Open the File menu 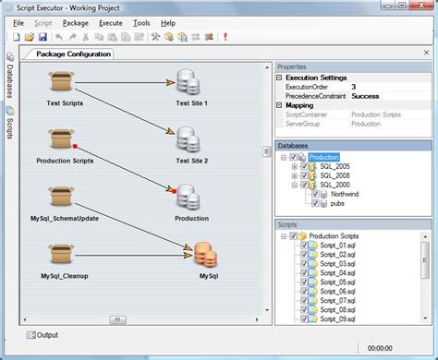[x=18, y=22]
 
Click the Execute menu [x=110, y=22]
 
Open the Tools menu [x=140, y=22]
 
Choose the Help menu [x=167, y=22]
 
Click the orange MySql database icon [x=208, y=253]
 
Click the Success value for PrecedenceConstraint [x=365, y=96]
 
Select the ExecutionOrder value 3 [x=354, y=87]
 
